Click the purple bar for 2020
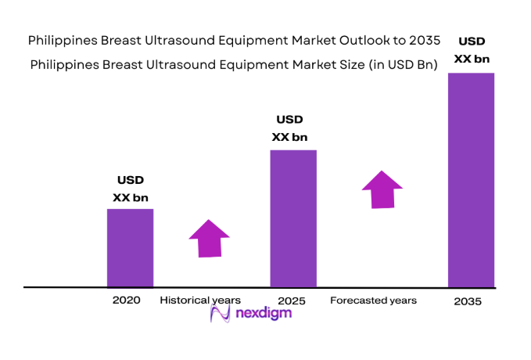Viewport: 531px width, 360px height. point(130,247)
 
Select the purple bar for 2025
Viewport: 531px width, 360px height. point(293,218)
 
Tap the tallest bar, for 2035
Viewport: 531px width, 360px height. point(471,180)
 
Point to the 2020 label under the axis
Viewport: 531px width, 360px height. point(126,300)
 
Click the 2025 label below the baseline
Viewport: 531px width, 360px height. point(290,301)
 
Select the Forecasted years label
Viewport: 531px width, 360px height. point(373,301)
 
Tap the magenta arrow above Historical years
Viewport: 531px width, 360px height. point(209,238)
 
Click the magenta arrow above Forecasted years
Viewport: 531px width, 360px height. point(382,189)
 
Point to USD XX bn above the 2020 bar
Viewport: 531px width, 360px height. point(130,189)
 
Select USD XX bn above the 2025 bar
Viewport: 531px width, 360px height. point(289,128)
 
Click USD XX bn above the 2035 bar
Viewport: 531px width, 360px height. point(470,49)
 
